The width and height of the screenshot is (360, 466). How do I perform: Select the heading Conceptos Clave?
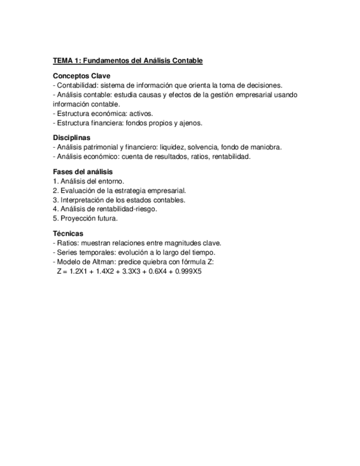tap(81, 76)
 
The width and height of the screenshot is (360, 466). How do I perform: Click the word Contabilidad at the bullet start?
tap(77, 85)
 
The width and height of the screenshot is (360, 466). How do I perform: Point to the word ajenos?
tap(191, 123)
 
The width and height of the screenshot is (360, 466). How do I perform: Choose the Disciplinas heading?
tap(71, 138)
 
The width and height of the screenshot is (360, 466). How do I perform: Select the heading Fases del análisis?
tap(82, 172)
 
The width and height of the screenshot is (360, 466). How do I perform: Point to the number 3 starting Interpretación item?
tap(55, 200)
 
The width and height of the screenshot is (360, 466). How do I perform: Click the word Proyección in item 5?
tap(77, 219)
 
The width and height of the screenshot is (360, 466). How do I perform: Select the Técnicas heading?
tap(68, 234)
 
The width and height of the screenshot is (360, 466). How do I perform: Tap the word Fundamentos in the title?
tap(105, 60)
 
